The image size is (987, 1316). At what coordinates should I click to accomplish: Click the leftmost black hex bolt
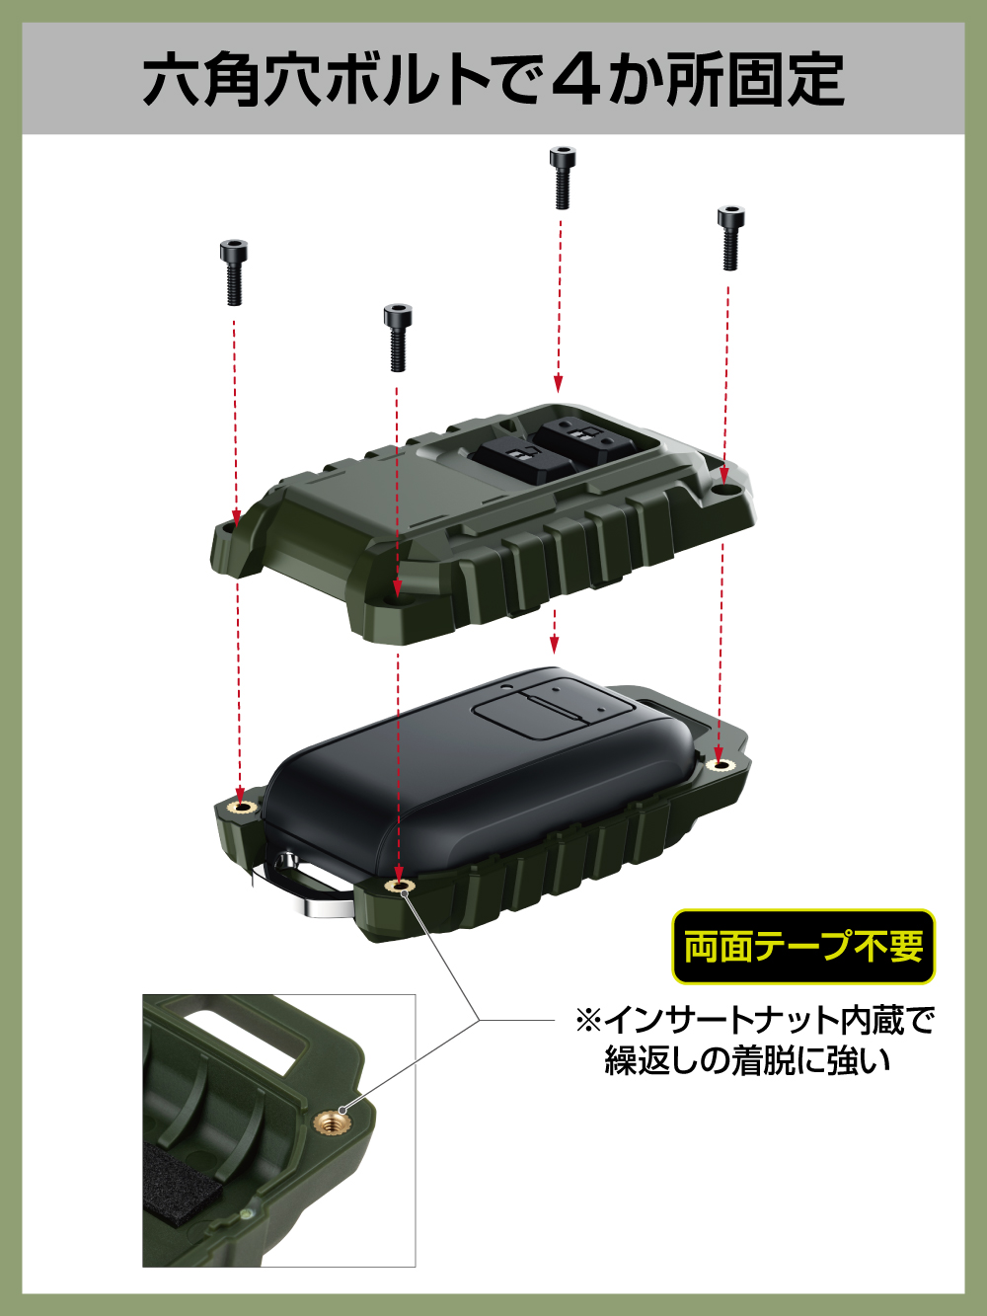(x=233, y=272)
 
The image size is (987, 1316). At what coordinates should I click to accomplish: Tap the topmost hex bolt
(x=563, y=178)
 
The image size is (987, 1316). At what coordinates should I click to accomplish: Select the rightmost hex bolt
(x=730, y=238)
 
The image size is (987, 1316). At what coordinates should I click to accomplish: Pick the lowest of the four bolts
(x=398, y=338)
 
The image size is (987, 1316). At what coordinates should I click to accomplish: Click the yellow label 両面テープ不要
(x=803, y=946)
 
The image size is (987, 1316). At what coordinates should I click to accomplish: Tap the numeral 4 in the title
(x=577, y=79)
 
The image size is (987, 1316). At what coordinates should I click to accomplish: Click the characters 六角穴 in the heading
(x=233, y=79)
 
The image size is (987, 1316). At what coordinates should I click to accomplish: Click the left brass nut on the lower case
(x=242, y=806)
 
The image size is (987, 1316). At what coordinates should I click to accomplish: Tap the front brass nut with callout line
(x=399, y=886)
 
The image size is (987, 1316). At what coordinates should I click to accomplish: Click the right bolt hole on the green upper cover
(x=725, y=489)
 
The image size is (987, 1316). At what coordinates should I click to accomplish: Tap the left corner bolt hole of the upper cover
(x=230, y=529)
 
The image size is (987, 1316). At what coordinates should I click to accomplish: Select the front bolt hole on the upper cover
(x=396, y=597)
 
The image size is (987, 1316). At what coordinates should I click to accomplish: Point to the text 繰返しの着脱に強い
(x=747, y=1060)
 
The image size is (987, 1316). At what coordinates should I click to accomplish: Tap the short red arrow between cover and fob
(x=555, y=631)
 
